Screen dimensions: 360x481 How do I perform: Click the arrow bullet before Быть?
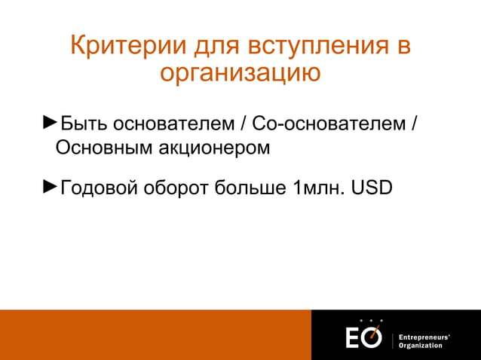pyautogui.click(x=49, y=122)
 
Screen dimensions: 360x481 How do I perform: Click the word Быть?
pyautogui.click(x=83, y=124)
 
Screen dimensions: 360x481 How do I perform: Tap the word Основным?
pyautogui.click(x=103, y=148)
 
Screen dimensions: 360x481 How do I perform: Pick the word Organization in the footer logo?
pyautogui.click(x=421, y=345)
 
